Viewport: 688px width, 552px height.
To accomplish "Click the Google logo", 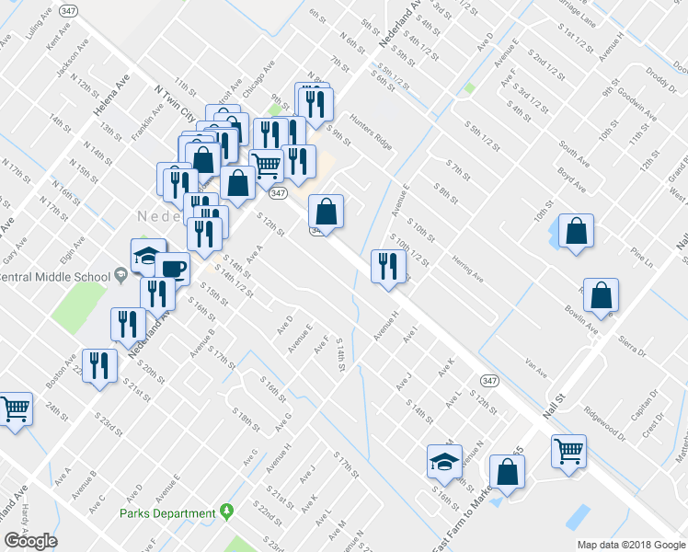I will [x=30, y=541].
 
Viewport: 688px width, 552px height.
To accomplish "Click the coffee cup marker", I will [x=172, y=268].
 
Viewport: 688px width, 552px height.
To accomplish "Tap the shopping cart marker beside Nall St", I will [x=569, y=452].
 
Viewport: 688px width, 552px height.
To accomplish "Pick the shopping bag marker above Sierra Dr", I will [x=601, y=294].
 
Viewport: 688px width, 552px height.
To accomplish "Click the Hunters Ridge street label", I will [x=370, y=138].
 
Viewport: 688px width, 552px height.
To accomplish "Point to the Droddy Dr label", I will [x=660, y=72].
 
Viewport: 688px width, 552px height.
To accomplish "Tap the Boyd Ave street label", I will [x=573, y=178].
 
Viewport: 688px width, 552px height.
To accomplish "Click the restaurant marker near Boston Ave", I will [x=97, y=364].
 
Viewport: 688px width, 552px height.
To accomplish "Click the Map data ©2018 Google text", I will [x=632, y=545].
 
